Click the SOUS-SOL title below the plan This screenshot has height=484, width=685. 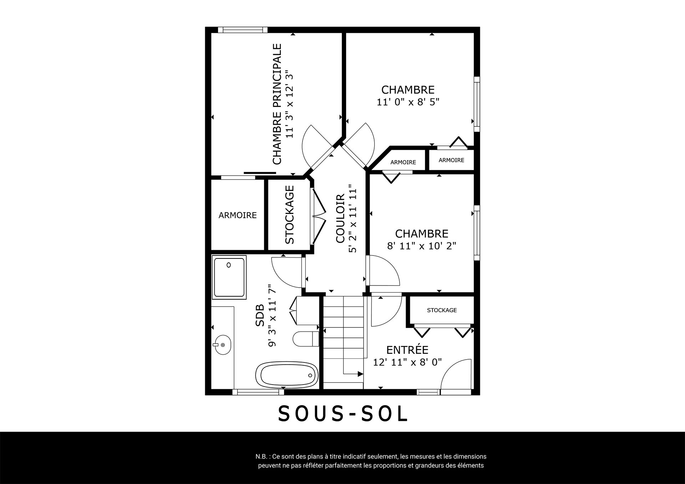(x=342, y=414)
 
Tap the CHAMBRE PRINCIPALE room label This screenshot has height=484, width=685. (x=277, y=104)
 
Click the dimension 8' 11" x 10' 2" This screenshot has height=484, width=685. (x=422, y=246)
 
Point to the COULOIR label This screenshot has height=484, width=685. (x=340, y=218)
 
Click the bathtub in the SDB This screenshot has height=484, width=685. (x=287, y=375)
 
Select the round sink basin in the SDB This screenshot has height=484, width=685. (x=222, y=345)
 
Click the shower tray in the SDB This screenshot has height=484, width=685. (x=229, y=277)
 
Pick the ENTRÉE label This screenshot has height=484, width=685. (x=407, y=350)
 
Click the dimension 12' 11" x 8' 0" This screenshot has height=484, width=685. (x=407, y=362)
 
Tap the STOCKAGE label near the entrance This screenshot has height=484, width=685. (x=442, y=310)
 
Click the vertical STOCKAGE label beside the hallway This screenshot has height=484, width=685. (x=290, y=215)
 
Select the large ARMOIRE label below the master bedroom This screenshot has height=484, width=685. (x=238, y=215)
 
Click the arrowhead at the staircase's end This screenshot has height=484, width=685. (x=360, y=374)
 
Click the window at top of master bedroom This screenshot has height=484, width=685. (x=243, y=30)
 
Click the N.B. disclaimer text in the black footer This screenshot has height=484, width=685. (x=371, y=461)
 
